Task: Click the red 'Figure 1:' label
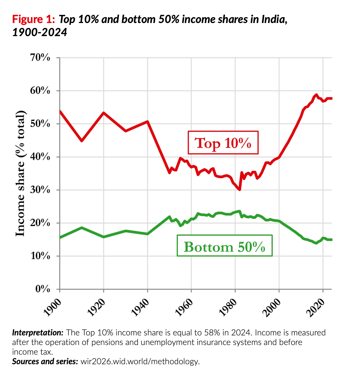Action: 34,20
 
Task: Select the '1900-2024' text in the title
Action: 40,32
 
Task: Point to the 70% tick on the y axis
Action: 40,58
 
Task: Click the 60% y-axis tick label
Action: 40,91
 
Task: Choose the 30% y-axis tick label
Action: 40,190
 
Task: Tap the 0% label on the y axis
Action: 43,289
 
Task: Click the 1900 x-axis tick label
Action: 52,307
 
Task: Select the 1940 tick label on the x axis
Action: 140,307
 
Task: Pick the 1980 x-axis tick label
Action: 228,307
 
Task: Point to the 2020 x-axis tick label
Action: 316,307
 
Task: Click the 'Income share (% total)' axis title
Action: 20,174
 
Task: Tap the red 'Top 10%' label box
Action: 223,143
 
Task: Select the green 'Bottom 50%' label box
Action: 224,246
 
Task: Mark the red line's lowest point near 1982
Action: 239,190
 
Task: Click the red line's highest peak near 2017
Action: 316,95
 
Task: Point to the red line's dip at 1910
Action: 82,141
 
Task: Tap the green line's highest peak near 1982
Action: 239,211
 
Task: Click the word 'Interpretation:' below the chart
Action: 38,333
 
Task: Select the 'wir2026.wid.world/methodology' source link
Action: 140,362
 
